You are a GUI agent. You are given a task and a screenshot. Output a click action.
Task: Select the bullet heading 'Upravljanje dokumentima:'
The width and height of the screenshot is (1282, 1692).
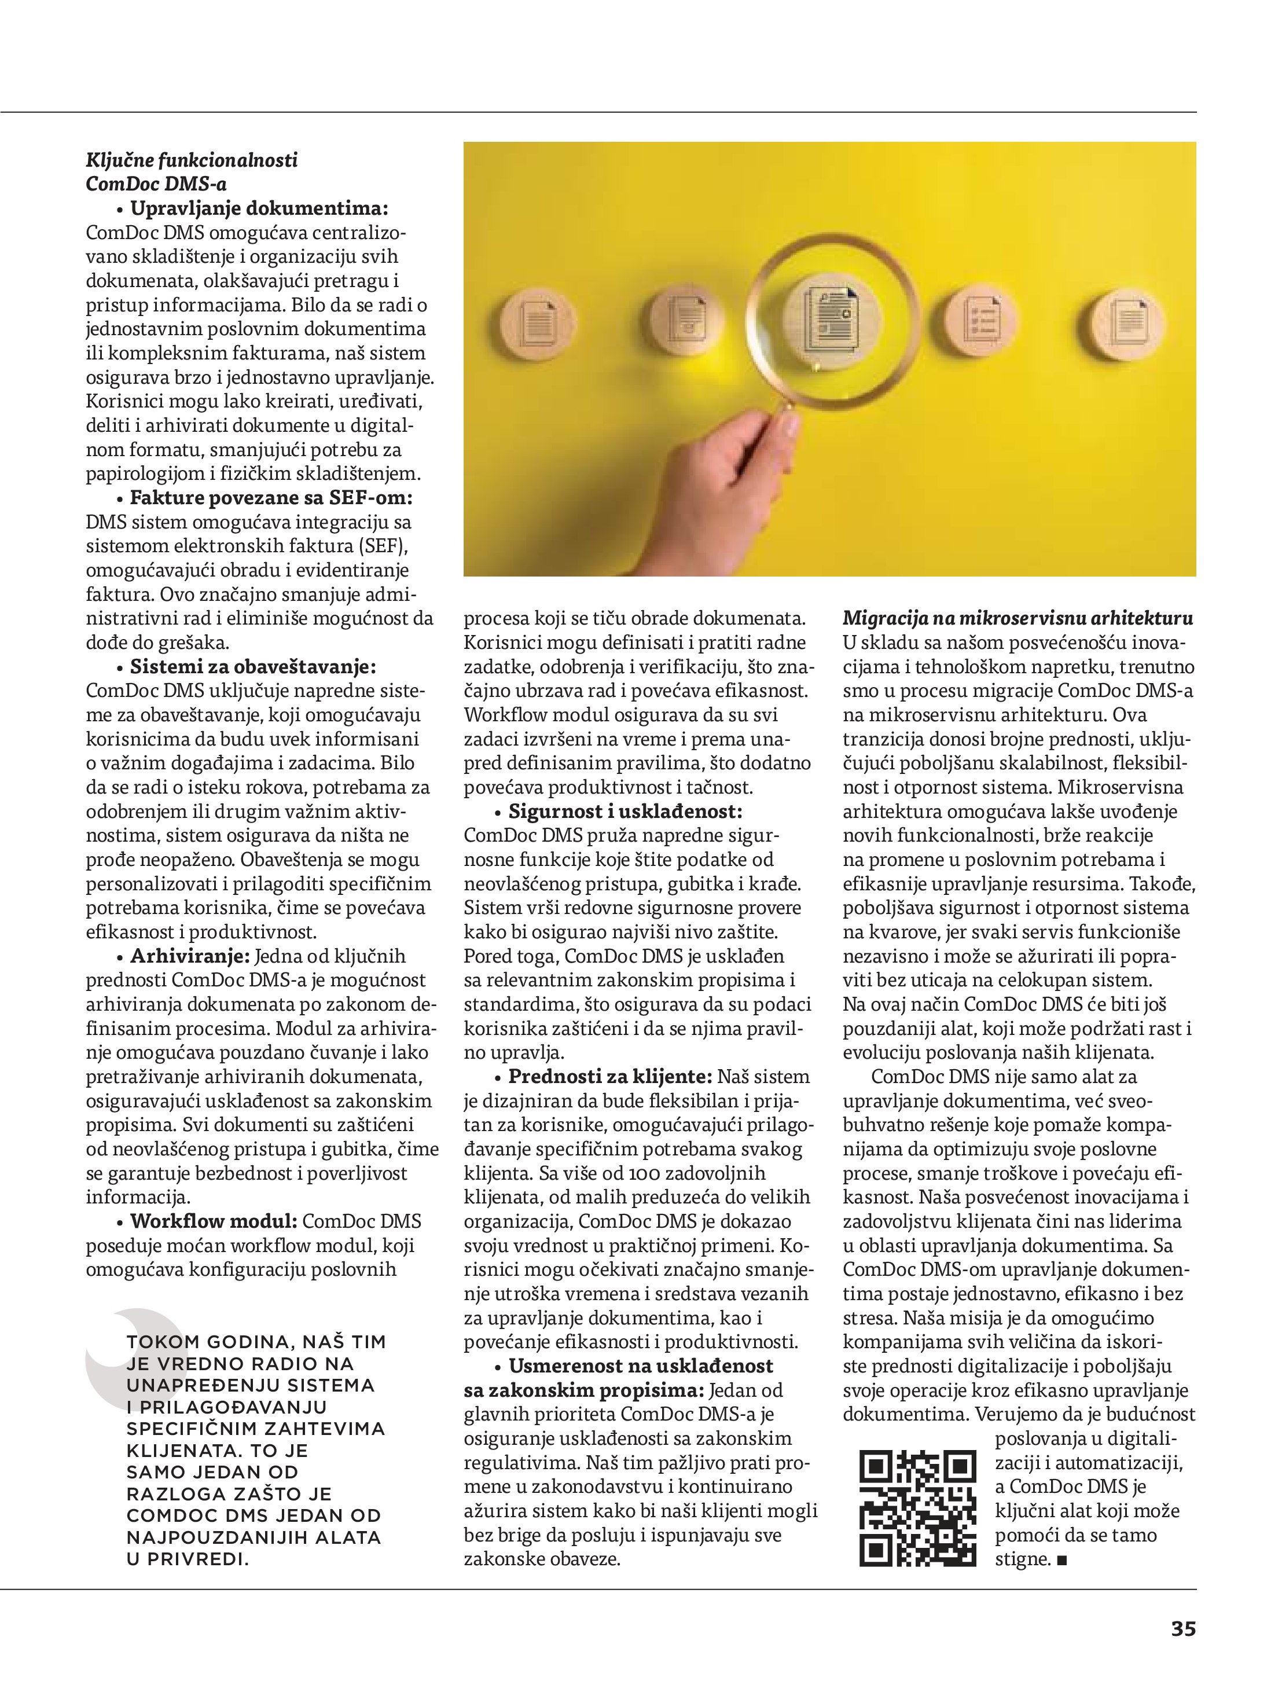(x=259, y=208)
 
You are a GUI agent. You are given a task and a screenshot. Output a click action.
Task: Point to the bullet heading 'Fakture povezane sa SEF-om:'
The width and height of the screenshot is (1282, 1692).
(x=271, y=498)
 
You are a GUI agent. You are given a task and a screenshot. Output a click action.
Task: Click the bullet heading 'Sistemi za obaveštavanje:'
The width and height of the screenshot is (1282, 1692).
(x=253, y=667)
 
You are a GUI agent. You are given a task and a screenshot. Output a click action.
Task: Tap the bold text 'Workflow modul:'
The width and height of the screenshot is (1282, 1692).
(x=214, y=1221)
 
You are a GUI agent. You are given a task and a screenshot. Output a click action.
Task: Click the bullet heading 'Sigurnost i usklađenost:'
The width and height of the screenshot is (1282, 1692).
(x=625, y=811)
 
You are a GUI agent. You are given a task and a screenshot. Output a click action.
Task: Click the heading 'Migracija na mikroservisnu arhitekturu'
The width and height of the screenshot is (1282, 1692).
(x=1017, y=618)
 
